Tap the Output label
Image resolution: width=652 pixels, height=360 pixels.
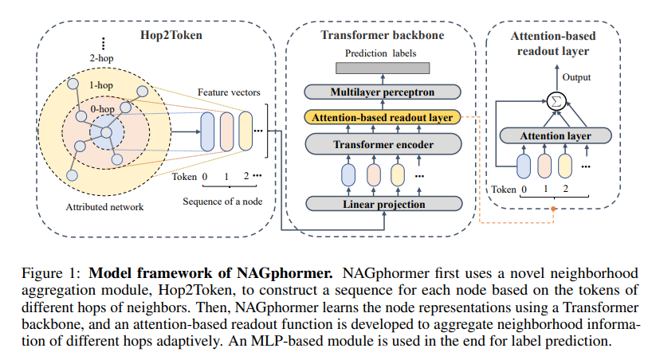point(577,77)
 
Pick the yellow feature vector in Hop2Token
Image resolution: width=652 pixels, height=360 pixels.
point(245,131)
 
